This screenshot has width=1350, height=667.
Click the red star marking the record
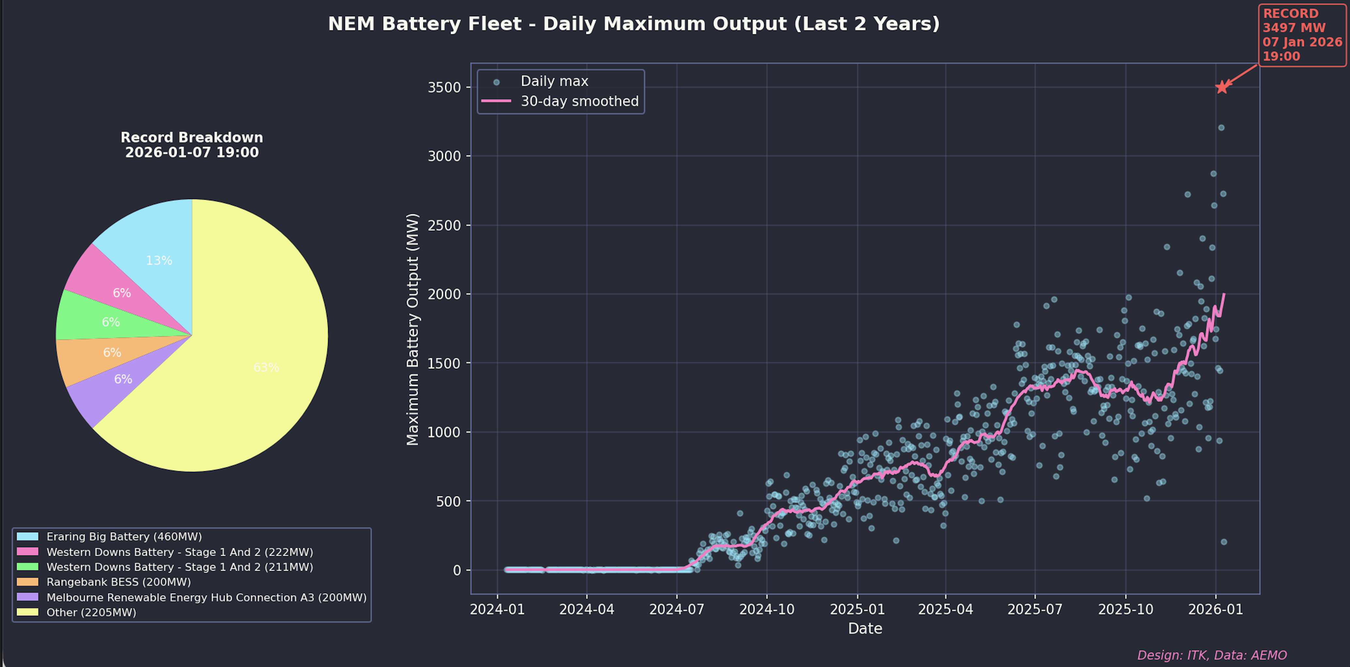(x=1222, y=87)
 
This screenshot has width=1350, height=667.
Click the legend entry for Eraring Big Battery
(x=124, y=536)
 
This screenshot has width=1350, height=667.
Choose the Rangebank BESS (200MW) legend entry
(x=118, y=582)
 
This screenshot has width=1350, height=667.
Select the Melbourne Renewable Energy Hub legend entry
(x=206, y=597)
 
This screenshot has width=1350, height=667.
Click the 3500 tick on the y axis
(x=444, y=87)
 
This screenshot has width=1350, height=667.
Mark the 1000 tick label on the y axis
(x=444, y=433)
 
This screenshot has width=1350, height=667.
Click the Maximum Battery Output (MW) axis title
(x=413, y=329)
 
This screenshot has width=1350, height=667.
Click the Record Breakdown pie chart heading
(x=192, y=145)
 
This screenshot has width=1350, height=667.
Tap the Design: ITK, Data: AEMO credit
(x=1212, y=655)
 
